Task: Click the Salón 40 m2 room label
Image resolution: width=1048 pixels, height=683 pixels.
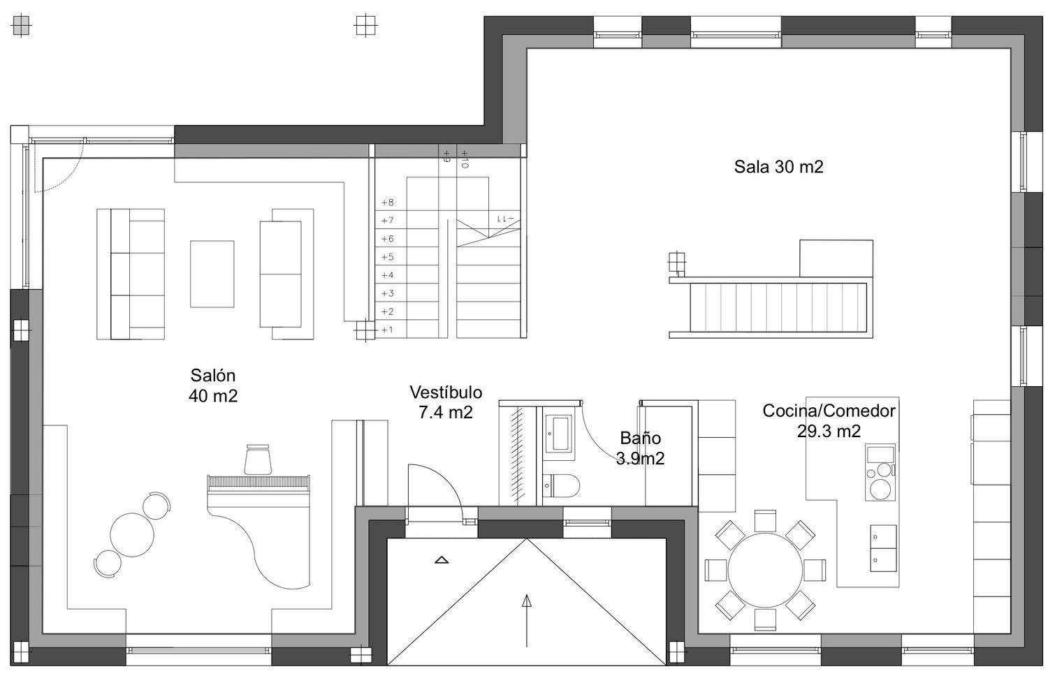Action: [213, 385]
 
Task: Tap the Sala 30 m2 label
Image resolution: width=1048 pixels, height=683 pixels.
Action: [778, 166]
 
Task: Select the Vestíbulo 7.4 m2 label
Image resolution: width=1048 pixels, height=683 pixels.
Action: [446, 402]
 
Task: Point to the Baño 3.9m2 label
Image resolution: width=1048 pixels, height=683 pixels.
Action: [640, 448]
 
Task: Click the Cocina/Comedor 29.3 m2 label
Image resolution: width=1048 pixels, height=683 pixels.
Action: [829, 420]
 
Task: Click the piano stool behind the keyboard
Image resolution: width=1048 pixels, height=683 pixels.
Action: [258, 459]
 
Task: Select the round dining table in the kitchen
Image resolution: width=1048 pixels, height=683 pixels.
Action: [766, 570]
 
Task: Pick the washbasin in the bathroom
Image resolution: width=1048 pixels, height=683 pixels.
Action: [558, 433]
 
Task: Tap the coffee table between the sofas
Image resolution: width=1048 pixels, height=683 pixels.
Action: [212, 274]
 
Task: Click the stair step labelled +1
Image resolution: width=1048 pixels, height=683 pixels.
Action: [387, 330]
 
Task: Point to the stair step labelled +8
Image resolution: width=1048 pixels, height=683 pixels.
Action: [387, 203]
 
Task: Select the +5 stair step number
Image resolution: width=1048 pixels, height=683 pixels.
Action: [387, 257]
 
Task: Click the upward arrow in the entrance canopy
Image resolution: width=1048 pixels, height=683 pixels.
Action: [527, 621]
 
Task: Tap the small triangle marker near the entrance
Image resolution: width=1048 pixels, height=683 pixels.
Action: [442, 559]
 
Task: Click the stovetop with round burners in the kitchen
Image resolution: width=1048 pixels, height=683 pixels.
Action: [880, 472]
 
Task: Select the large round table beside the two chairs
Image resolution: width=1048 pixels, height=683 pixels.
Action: [132, 535]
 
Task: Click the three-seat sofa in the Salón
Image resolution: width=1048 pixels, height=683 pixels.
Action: [131, 274]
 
